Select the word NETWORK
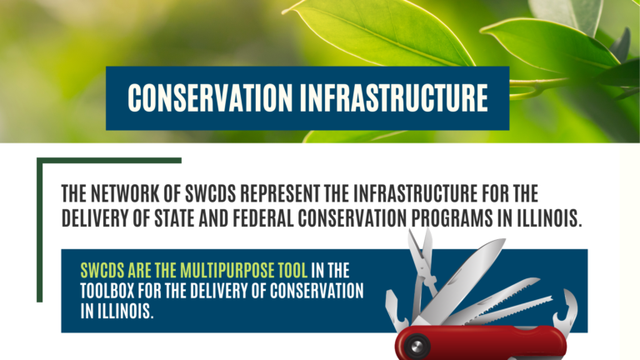tap(124, 193)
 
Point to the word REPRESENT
tap(280, 193)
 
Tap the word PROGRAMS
tap(452, 218)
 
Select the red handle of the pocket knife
tap(481, 342)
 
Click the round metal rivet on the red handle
tap(417, 347)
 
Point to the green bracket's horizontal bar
tap(109, 160)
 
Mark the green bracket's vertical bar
tap(40, 230)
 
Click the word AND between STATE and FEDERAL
tap(213, 218)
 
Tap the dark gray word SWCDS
tap(211, 193)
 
